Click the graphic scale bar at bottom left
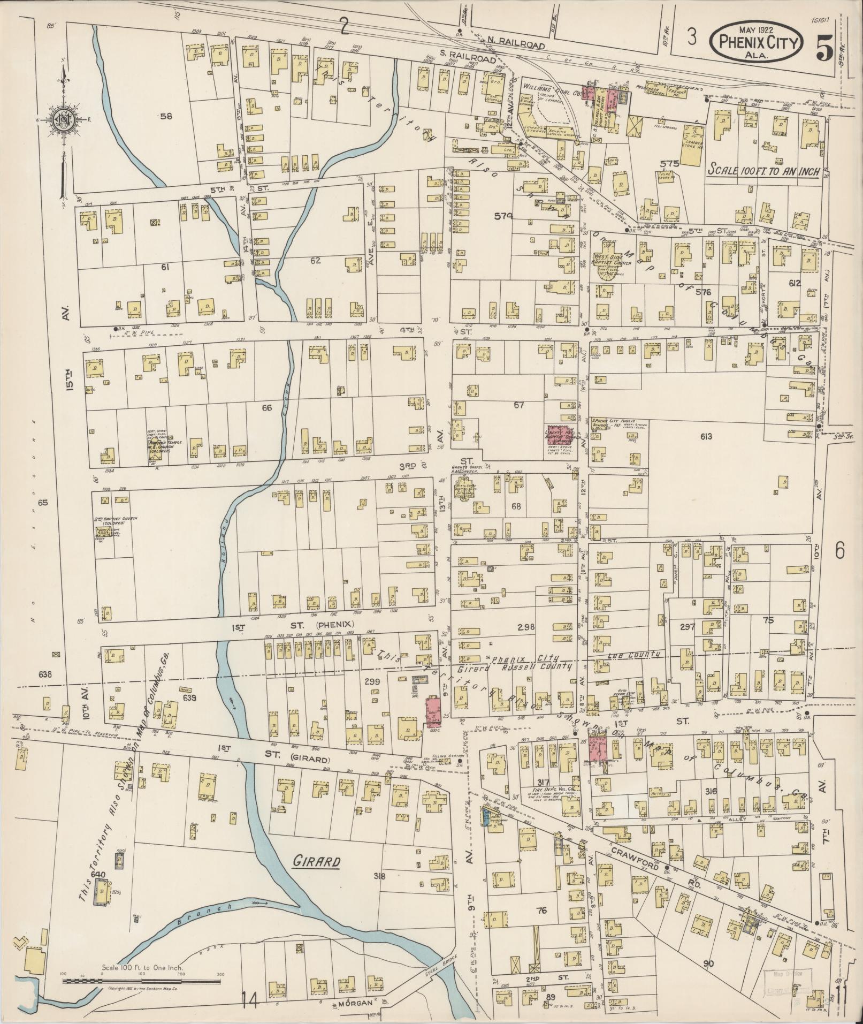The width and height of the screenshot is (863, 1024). (142, 981)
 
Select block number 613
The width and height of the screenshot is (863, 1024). (706, 437)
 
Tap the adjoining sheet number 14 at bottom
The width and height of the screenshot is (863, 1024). (250, 999)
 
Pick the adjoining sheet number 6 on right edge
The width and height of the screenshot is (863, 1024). (839, 550)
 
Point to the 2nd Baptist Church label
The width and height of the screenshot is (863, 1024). (112, 519)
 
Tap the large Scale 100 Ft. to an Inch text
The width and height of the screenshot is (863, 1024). (764, 170)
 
